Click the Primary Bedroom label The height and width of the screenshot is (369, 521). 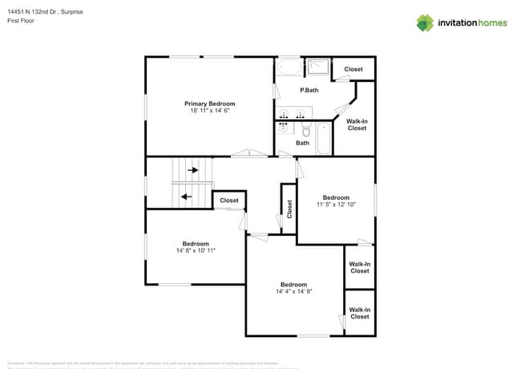click(x=210, y=103)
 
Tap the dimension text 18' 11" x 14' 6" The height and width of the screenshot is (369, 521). click(x=210, y=111)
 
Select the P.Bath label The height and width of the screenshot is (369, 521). click(x=309, y=90)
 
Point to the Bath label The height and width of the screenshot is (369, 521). click(x=302, y=143)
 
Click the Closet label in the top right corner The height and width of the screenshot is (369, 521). click(x=353, y=69)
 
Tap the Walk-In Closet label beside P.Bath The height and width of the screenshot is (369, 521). click(x=357, y=124)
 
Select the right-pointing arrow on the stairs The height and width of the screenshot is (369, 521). click(x=192, y=170)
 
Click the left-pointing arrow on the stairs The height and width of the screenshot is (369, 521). click(x=186, y=196)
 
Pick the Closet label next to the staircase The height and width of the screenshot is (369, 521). click(x=229, y=201)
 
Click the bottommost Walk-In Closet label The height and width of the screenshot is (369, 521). click(x=360, y=313)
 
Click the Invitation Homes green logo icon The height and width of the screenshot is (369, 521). click(x=425, y=22)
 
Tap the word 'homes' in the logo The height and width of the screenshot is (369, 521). click(x=491, y=22)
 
